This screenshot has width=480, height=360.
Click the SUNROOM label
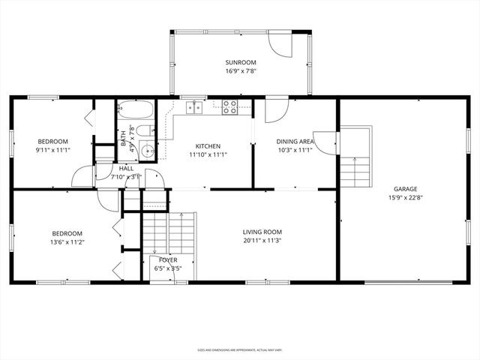click(x=240, y=62)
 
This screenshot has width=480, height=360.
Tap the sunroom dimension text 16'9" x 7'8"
click(x=240, y=71)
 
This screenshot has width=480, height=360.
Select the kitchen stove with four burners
click(x=229, y=108)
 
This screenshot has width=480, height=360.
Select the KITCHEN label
click(x=208, y=146)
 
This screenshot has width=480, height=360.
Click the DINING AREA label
click(x=295, y=141)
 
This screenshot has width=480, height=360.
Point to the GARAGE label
click(x=406, y=189)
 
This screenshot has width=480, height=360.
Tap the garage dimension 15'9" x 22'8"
click(x=406, y=198)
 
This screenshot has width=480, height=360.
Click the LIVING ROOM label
click(x=262, y=232)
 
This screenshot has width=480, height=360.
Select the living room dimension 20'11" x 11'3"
click(x=262, y=241)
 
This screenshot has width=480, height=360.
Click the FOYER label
click(x=167, y=259)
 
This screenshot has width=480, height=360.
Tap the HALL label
click(x=126, y=169)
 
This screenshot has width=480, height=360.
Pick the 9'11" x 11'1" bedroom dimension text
click(x=53, y=150)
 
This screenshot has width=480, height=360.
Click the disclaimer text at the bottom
click(x=239, y=349)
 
